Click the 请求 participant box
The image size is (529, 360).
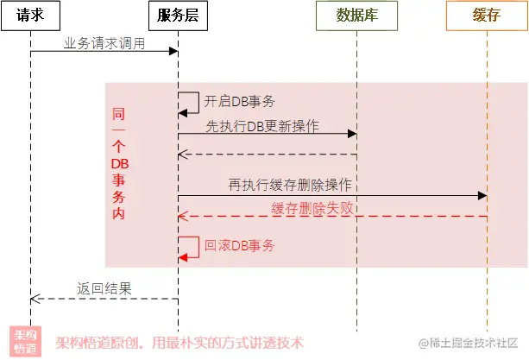(29, 16)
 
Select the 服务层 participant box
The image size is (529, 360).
(178, 16)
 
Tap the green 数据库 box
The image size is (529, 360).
(356, 16)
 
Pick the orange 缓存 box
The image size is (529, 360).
(487, 16)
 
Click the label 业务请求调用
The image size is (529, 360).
(104, 43)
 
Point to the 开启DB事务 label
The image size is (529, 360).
(240, 102)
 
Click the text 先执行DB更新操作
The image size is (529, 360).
(262, 126)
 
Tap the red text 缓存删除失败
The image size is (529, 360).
(313, 207)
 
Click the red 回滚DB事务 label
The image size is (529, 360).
(240, 246)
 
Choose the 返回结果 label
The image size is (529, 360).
(104, 288)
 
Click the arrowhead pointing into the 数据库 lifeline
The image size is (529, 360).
(352, 134)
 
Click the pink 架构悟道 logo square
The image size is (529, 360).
(24, 342)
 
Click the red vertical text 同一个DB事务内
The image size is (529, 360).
(119, 164)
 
